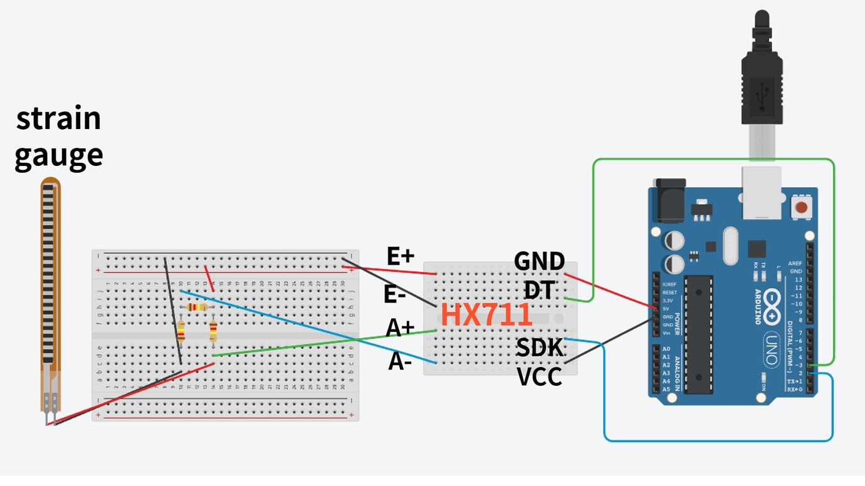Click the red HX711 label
[x=486, y=315]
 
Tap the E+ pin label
[x=401, y=256]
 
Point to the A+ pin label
[x=401, y=328]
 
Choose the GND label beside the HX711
[x=539, y=261]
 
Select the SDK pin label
[x=540, y=348]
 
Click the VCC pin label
[x=539, y=377]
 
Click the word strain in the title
[x=58, y=118]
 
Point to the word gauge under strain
[x=58, y=155]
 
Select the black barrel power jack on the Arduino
[x=670, y=200]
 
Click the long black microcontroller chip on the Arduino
[x=699, y=334]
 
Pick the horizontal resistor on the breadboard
[x=197, y=307]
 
